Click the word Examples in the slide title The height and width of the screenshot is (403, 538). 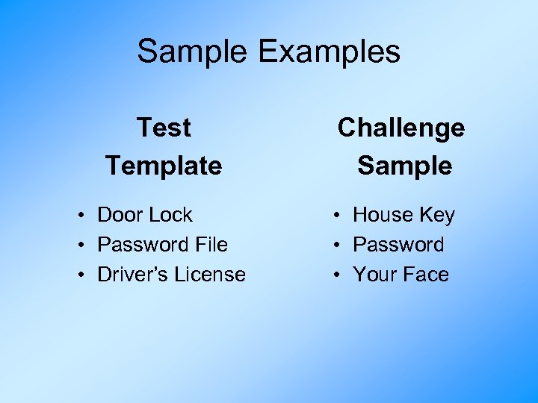click(x=330, y=52)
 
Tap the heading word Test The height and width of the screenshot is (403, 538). click(x=164, y=128)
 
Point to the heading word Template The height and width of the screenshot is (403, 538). click(x=164, y=165)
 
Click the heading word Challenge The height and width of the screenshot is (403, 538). click(x=401, y=128)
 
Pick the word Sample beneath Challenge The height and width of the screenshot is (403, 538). click(x=404, y=165)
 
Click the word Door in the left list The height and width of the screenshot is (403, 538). click(x=120, y=215)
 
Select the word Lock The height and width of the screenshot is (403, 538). click(x=170, y=215)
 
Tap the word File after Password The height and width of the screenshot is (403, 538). click(x=211, y=245)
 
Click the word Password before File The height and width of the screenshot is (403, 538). click(x=143, y=245)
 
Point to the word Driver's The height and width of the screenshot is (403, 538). click(x=133, y=275)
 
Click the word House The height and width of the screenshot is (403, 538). click(x=383, y=215)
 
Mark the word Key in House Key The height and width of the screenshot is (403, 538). click(x=437, y=216)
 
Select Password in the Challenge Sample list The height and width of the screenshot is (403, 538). click(x=398, y=245)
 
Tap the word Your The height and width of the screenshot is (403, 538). click(x=375, y=275)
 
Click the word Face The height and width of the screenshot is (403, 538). click(x=426, y=275)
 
